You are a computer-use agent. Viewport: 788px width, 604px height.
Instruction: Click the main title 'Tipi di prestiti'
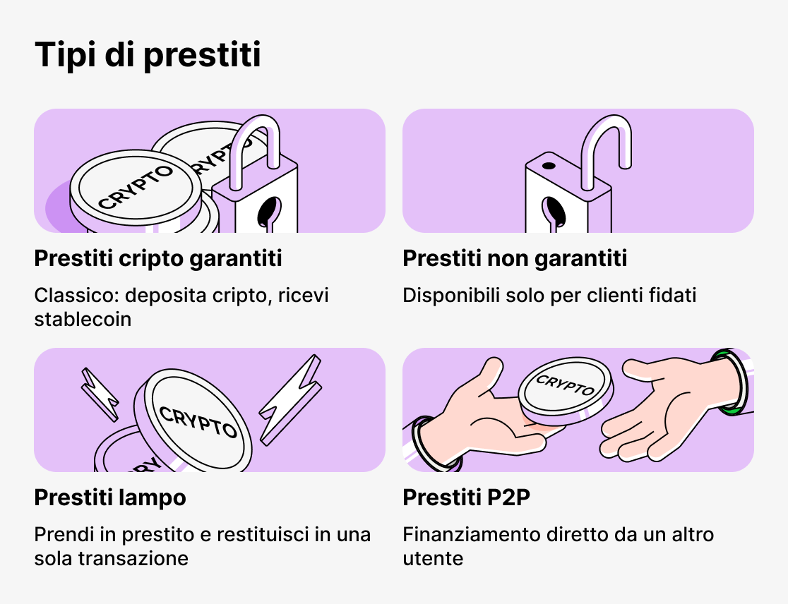coord(148,56)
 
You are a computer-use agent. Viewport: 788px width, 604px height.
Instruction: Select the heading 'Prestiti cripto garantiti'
coord(158,259)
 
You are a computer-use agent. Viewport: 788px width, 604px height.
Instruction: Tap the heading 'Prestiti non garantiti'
coord(515,259)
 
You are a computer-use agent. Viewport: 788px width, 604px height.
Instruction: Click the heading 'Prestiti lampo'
coord(110,498)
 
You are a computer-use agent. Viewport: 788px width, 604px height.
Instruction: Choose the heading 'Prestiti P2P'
coord(466,498)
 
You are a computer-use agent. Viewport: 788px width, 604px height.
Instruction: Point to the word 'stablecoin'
coord(83,320)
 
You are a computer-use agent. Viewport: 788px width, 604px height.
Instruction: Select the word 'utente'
coord(433,559)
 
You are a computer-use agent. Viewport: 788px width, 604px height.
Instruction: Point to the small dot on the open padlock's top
coord(548,167)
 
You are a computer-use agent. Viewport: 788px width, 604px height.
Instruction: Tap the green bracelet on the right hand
coord(730,380)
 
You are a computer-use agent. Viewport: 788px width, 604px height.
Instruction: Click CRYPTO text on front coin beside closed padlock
coord(136,186)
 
